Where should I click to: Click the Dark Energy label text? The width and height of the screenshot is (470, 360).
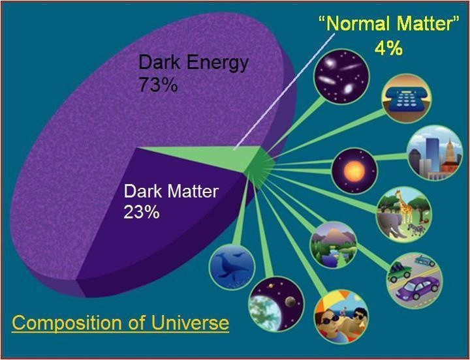(x=193, y=63)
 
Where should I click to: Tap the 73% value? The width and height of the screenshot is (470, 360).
(x=158, y=85)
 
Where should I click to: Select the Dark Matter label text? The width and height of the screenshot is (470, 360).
(x=171, y=192)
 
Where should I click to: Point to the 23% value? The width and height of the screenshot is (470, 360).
(x=142, y=212)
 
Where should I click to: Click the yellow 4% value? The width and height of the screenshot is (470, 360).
(x=388, y=49)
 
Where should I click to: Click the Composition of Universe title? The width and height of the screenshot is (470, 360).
(x=121, y=323)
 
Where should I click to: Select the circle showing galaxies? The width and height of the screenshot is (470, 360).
(x=342, y=76)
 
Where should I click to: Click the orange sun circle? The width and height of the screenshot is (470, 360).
(x=354, y=171)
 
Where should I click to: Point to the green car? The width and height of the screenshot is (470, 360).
(x=399, y=271)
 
